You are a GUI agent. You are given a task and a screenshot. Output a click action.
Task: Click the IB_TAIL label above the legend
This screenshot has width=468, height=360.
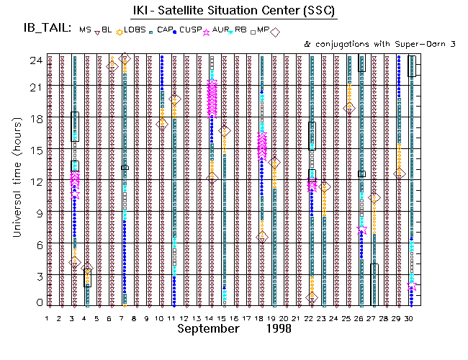pyautogui.click(x=48, y=29)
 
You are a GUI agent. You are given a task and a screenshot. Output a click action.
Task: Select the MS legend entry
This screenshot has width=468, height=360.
pyautogui.click(x=86, y=30)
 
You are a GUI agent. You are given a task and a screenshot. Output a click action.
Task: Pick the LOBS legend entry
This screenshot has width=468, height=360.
pyautogui.click(x=135, y=30)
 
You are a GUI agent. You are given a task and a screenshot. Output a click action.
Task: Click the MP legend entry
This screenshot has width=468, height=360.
pyautogui.click(x=263, y=30)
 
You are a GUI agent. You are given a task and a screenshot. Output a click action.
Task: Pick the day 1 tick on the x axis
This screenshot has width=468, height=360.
pyautogui.click(x=48, y=318)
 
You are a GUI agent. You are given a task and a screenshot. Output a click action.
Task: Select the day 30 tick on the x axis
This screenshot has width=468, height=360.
pyautogui.click(x=409, y=318)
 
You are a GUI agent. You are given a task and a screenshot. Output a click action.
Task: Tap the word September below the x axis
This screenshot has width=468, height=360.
pyautogui.click(x=208, y=329)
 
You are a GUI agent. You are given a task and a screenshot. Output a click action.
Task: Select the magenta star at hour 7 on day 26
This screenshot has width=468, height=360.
pyautogui.click(x=361, y=229)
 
